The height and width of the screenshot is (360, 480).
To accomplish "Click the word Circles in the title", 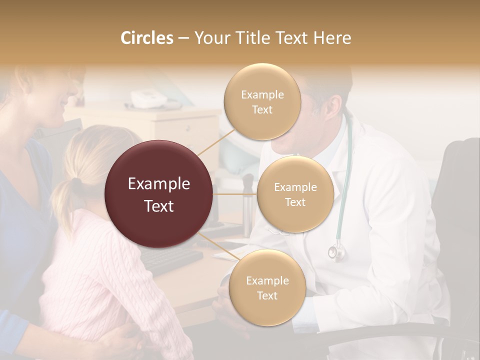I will [146, 38].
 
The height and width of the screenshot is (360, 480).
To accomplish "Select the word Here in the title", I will [332, 38].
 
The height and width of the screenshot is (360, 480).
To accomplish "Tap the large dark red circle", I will [158, 194].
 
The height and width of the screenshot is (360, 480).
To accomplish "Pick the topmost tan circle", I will [262, 101].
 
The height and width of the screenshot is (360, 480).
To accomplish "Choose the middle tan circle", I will [295, 194].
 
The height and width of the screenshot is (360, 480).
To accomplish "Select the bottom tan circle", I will [267, 287].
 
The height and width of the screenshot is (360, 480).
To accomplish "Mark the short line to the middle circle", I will [235, 194].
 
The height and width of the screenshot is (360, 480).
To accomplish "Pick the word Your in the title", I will [210, 38].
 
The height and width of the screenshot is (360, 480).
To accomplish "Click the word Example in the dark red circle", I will [158, 184].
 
